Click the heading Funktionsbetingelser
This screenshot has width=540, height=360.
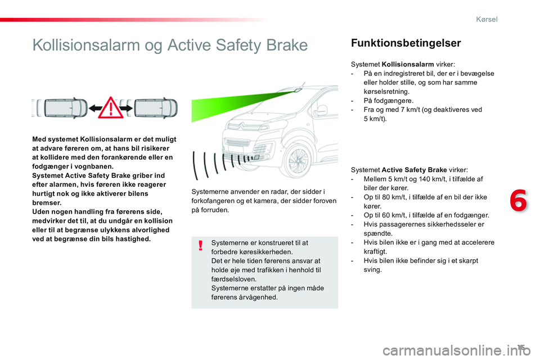pyautogui.click(x=406, y=43)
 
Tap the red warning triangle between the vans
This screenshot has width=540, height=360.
pyautogui.click(x=111, y=107)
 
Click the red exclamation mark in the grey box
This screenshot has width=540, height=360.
pyautogui.click(x=200, y=246)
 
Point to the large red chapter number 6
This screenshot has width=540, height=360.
pyautogui.click(x=518, y=200)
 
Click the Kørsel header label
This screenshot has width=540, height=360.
pyautogui.click(x=487, y=19)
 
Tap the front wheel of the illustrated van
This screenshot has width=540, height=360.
pyautogui.click(x=296, y=160)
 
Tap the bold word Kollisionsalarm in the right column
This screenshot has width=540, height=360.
pyautogui.click(x=408, y=65)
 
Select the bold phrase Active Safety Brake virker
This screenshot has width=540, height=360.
pyautogui.click(x=425, y=170)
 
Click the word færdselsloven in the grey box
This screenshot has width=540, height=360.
pyautogui.click(x=233, y=280)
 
